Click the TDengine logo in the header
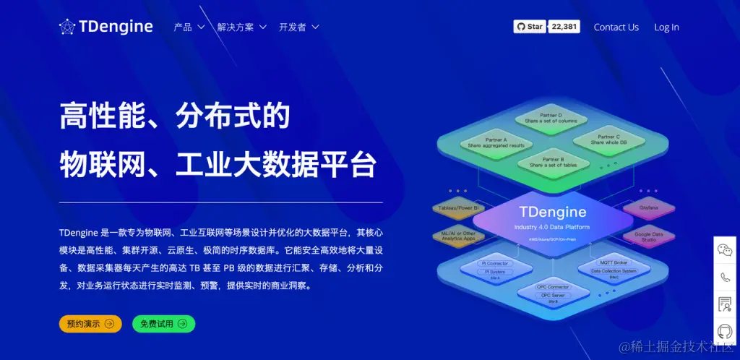click(x=106, y=27)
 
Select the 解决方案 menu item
click(x=241, y=27)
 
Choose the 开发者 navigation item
click(x=298, y=27)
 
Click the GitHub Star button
click(x=530, y=27)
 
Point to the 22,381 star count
click(x=564, y=27)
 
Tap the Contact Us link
click(x=616, y=27)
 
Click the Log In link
click(x=666, y=27)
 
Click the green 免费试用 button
click(x=163, y=324)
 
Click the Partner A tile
click(x=496, y=142)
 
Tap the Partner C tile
click(x=608, y=140)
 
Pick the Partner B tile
click(x=552, y=162)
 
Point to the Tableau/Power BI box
click(x=457, y=208)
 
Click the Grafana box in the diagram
click(x=648, y=208)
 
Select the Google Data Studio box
click(x=648, y=237)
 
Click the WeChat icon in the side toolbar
click(x=725, y=250)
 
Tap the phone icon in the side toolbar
click(x=725, y=277)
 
